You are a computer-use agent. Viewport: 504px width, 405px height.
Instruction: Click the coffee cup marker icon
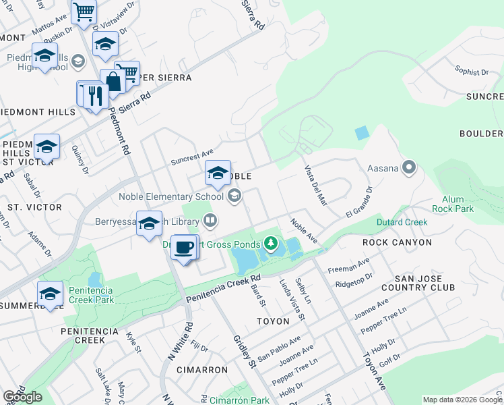pyautogui.click(x=183, y=248)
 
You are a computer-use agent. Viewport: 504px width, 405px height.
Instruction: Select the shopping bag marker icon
pyautogui.click(x=113, y=82)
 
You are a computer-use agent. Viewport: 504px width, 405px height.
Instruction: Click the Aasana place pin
pyautogui.click(x=408, y=167)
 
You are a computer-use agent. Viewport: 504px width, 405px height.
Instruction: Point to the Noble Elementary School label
pyautogui.click(x=170, y=196)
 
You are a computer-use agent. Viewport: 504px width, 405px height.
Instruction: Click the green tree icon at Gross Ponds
pyautogui.click(x=271, y=242)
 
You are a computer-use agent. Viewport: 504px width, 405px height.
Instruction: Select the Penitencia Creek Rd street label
pyautogui.click(x=223, y=288)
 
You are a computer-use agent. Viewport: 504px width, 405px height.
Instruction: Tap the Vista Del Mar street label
pyautogui.click(x=315, y=185)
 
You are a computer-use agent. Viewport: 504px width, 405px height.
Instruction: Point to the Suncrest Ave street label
pyautogui.click(x=192, y=157)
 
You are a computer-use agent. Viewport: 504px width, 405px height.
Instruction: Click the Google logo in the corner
pyautogui.click(x=22, y=397)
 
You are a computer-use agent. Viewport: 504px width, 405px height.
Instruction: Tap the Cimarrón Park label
pyautogui.click(x=239, y=400)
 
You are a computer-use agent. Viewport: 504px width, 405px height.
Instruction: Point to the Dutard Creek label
pyautogui.click(x=402, y=222)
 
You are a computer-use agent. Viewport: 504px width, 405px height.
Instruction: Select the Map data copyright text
pyautogui.click(x=462, y=400)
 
